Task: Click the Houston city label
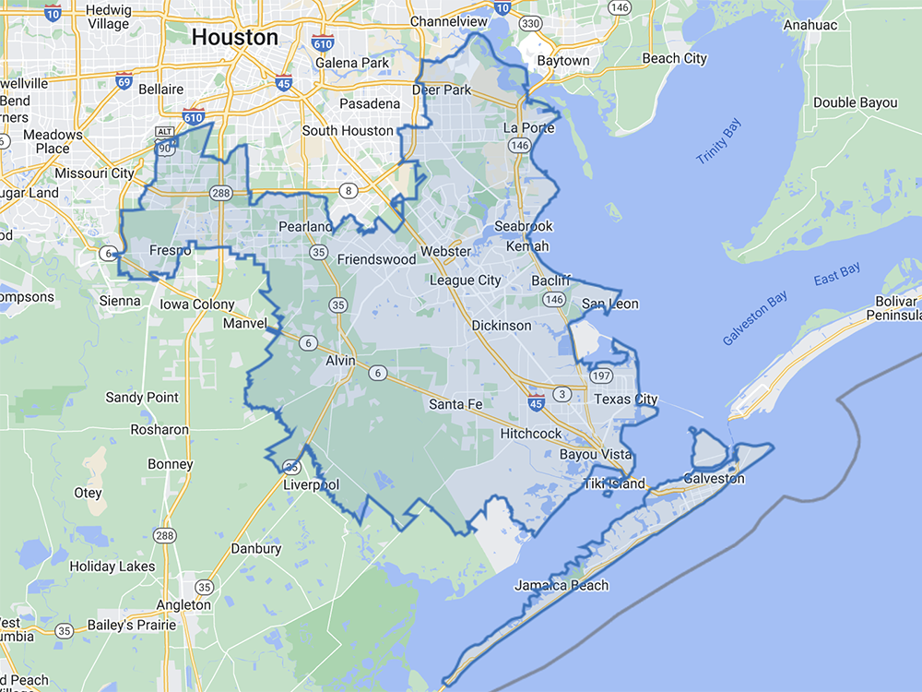pyautogui.click(x=234, y=38)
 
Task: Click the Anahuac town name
pyautogui.click(x=810, y=25)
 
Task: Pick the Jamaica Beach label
pyautogui.click(x=561, y=585)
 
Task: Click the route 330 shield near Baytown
pyautogui.click(x=530, y=23)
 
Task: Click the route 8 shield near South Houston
pyautogui.click(x=348, y=191)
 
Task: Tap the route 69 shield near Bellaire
pyautogui.click(x=124, y=81)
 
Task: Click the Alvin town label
pyautogui.click(x=340, y=361)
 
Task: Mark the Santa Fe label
pyautogui.click(x=455, y=404)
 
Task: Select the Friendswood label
pyautogui.click(x=376, y=259)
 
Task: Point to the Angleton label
pyautogui.click(x=183, y=605)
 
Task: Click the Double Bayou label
pyautogui.click(x=855, y=102)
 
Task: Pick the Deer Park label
pyautogui.click(x=442, y=89)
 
